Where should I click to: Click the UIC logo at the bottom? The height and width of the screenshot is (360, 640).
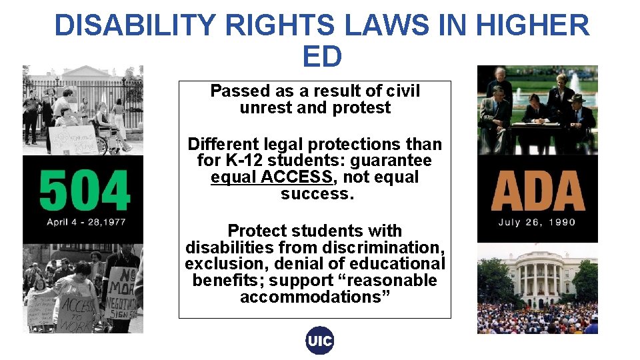pyautogui.click(x=320, y=341)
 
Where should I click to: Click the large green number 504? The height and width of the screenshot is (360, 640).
pyautogui.click(x=83, y=190)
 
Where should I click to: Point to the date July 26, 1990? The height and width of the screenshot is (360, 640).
pyautogui.click(x=537, y=222)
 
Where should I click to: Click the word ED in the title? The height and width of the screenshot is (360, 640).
pyautogui.click(x=321, y=57)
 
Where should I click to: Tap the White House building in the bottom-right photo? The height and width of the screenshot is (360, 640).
pyautogui.click(x=537, y=275)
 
